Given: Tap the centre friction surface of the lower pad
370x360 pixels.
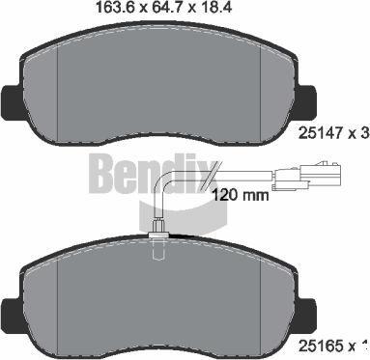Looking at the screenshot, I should pyautogui.click(x=158, y=299).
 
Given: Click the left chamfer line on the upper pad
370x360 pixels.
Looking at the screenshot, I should pyautogui.click(x=60, y=92).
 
